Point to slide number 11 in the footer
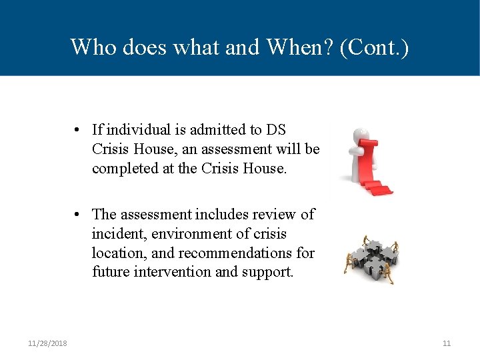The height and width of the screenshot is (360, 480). pyautogui.click(x=447, y=343)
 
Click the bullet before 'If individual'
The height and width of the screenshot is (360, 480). pyautogui.click(x=78, y=130)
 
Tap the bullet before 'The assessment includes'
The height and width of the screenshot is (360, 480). pyautogui.click(x=78, y=215)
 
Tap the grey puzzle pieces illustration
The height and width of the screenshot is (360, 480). pyautogui.click(x=371, y=257)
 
